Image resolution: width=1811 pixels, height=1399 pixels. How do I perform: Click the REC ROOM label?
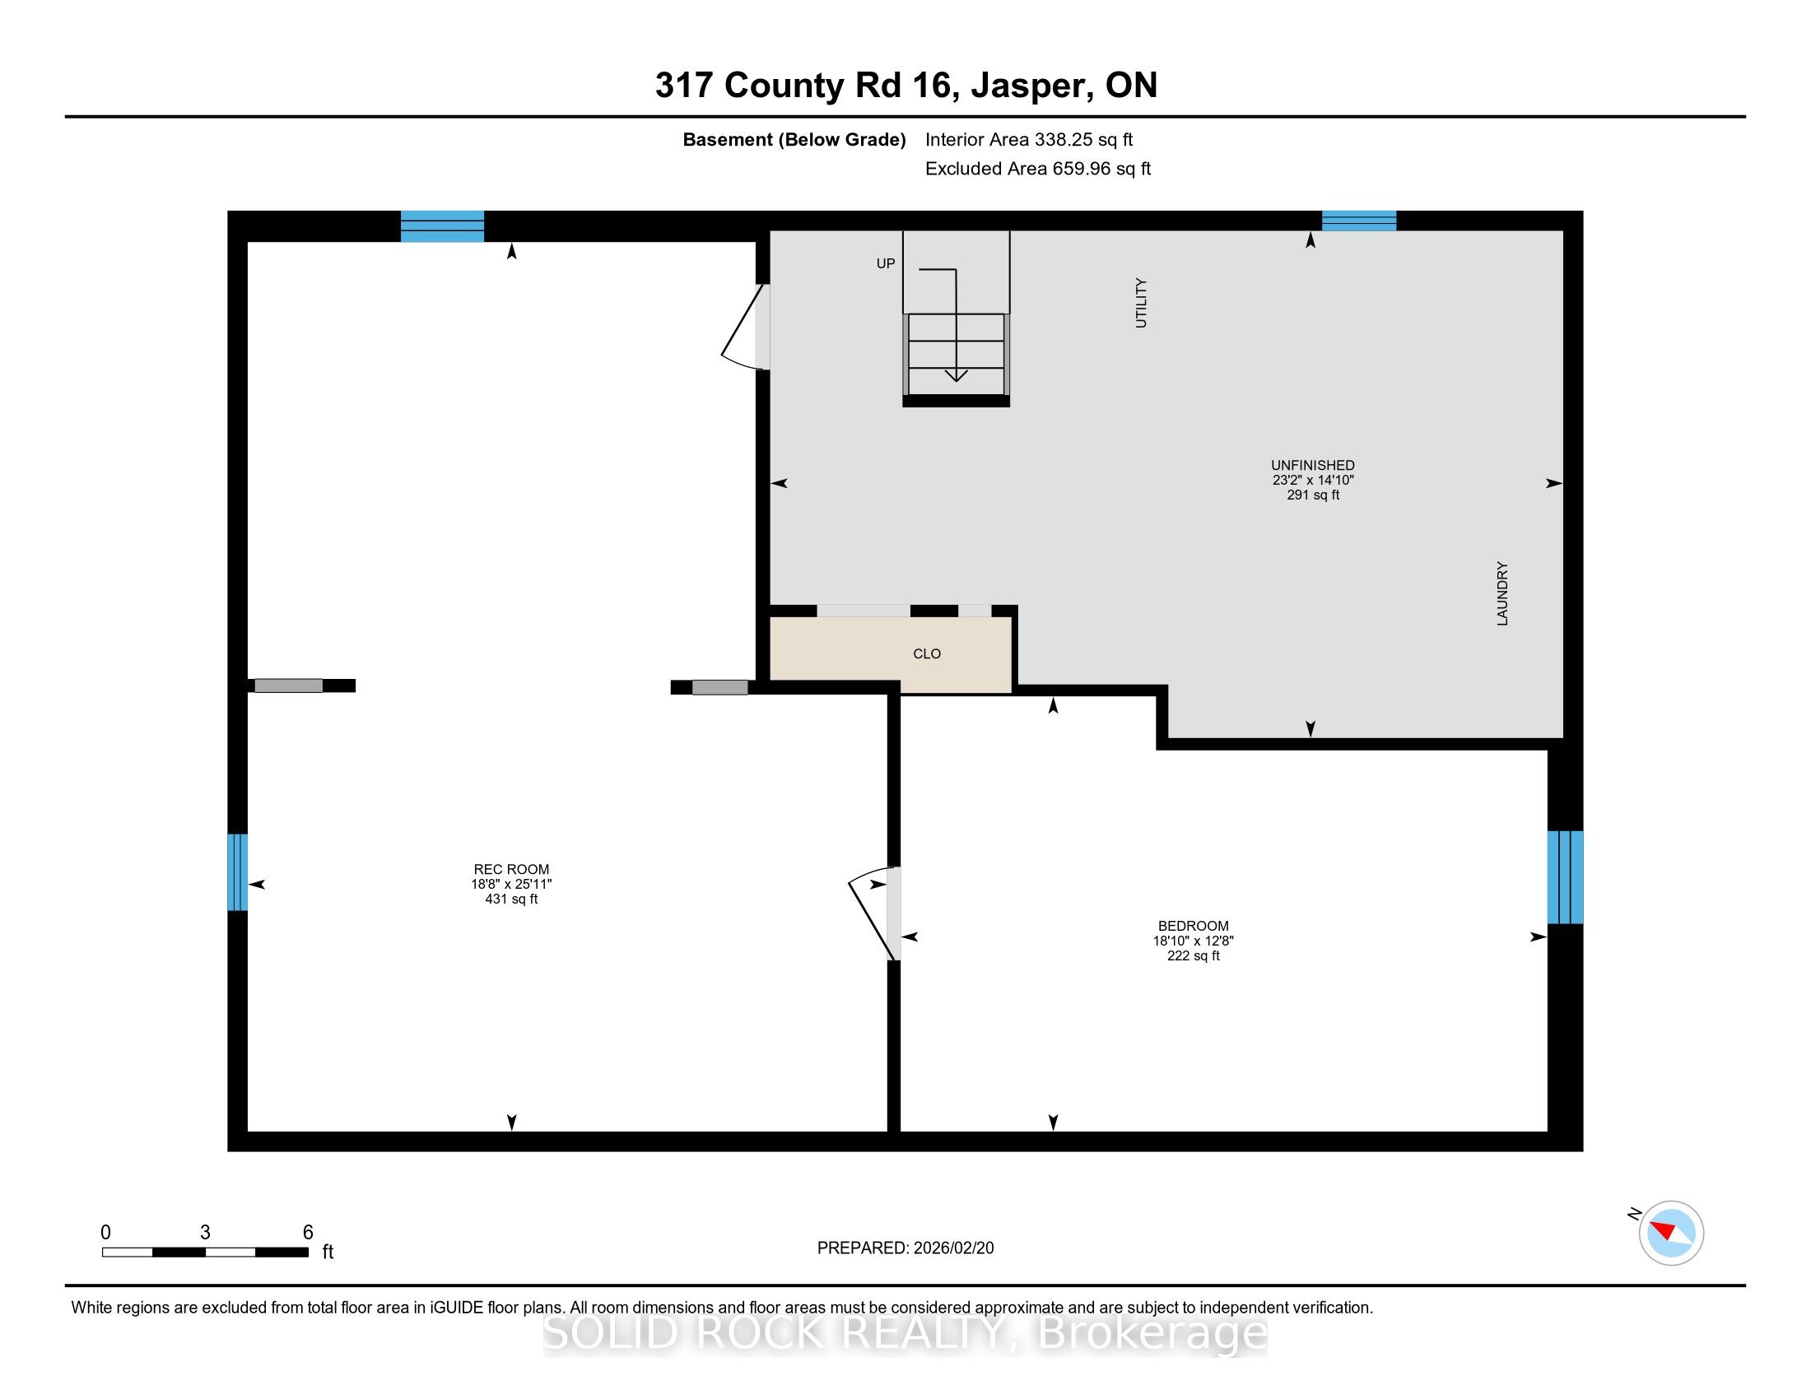click(511, 869)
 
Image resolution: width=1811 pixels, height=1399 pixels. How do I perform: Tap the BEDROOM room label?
click(1194, 926)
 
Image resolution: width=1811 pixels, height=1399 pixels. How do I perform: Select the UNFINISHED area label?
click(1313, 466)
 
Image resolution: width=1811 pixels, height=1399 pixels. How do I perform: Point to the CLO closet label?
click(926, 654)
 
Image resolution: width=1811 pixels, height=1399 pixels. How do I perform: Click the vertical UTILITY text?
click(1141, 303)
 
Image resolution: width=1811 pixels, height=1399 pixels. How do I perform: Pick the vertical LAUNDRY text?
click(1501, 593)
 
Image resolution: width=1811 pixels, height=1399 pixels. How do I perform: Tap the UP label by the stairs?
click(886, 263)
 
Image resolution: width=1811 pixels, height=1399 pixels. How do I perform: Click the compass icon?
click(1671, 1233)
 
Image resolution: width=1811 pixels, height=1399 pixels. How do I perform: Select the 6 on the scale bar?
click(308, 1233)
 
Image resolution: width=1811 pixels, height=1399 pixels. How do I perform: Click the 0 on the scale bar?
click(106, 1233)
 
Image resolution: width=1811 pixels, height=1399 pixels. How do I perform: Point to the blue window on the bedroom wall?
click(1565, 877)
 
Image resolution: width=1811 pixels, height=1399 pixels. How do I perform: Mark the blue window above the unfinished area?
click(1358, 221)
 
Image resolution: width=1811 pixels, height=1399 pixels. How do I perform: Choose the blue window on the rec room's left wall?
click(237, 871)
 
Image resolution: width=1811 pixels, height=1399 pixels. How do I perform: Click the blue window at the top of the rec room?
click(442, 226)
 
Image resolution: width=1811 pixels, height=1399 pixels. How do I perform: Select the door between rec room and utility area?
click(747, 328)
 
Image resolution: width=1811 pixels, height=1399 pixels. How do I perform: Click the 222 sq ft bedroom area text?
click(1194, 955)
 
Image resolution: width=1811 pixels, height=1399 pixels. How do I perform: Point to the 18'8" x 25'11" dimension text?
click(511, 885)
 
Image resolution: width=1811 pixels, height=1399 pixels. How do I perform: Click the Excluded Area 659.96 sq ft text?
click(1037, 168)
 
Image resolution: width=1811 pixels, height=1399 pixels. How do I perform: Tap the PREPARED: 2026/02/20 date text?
click(905, 1248)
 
